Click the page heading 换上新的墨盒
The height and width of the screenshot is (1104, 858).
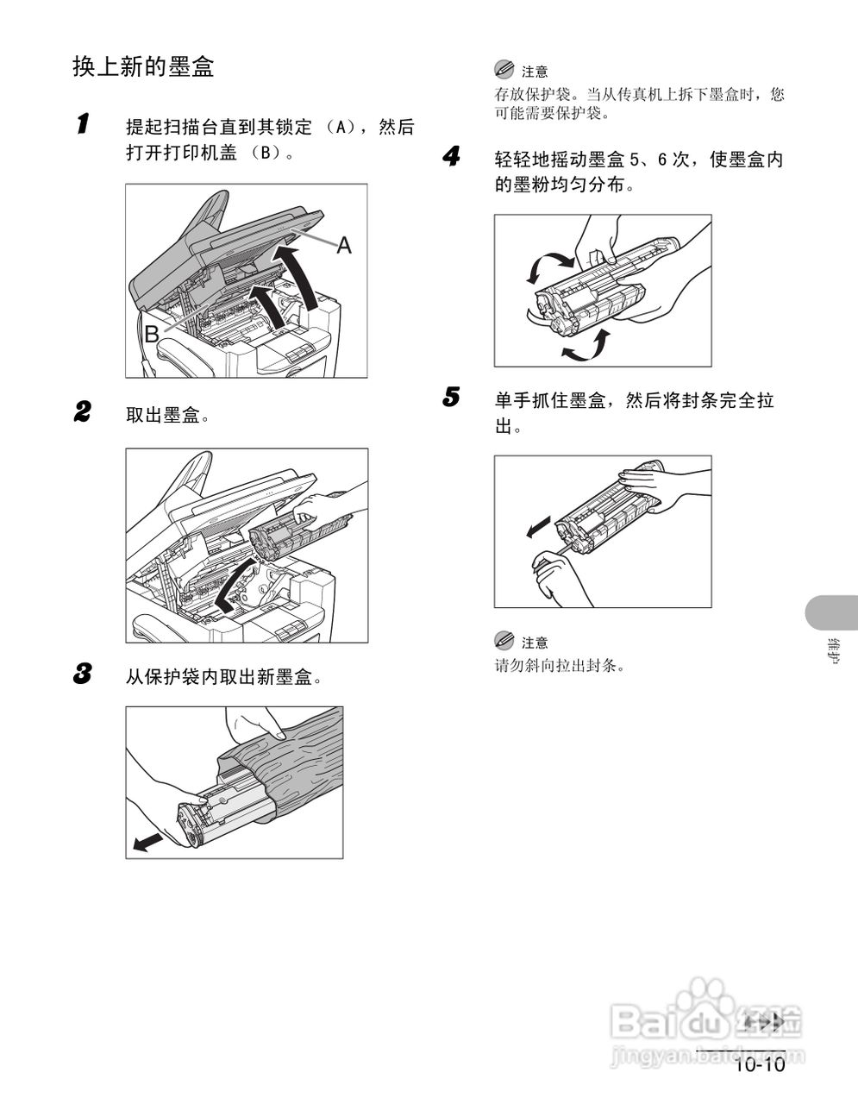(x=143, y=67)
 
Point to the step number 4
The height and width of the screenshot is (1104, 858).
(x=451, y=156)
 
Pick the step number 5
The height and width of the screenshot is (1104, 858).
(x=451, y=398)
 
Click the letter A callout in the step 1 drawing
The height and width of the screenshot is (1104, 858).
(x=344, y=246)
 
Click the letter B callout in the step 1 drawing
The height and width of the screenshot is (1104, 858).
(x=152, y=334)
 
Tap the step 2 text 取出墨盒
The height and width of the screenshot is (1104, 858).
(x=168, y=416)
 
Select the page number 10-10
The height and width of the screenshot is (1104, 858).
(x=759, y=1065)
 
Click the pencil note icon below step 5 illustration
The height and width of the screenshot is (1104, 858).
(x=504, y=641)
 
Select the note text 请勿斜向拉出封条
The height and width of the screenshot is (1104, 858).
(x=559, y=666)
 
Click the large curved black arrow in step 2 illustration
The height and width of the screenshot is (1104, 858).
(x=233, y=586)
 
